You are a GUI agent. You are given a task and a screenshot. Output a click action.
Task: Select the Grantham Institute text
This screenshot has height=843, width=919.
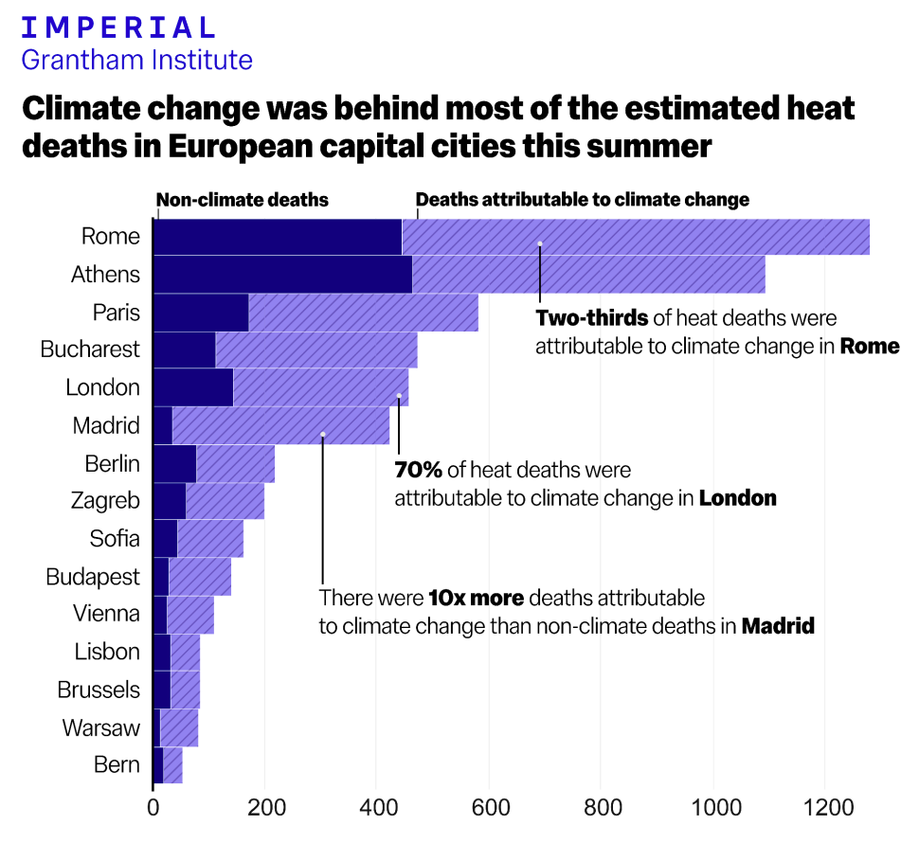click(x=136, y=61)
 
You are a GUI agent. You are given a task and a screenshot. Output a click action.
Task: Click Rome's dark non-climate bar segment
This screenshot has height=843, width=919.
click(x=277, y=237)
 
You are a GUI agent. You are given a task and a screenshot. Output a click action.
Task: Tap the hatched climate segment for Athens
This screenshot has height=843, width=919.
click(x=587, y=275)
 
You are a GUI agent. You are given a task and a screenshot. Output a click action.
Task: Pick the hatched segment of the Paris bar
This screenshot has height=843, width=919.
click(x=363, y=313)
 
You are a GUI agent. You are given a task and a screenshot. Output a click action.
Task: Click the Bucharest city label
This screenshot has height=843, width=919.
click(x=90, y=350)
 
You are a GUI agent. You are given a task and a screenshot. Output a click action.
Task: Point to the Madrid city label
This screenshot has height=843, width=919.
click(x=106, y=425)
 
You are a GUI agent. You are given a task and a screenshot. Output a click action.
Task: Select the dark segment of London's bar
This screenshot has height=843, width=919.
click(x=192, y=387)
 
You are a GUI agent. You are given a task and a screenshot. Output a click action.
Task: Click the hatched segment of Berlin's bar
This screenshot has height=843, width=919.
click(x=235, y=463)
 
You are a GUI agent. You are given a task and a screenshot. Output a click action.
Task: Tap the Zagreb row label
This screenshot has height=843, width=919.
click(x=105, y=501)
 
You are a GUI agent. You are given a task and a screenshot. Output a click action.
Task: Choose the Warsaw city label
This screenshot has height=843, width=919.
click(x=101, y=727)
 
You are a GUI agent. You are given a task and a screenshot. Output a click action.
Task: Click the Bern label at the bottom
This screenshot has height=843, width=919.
click(x=117, y=765)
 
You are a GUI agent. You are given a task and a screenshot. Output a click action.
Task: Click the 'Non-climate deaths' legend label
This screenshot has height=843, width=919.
click(x=242, y=200)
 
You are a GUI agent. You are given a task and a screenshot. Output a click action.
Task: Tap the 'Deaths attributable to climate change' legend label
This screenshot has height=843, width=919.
click(x=582, y=200)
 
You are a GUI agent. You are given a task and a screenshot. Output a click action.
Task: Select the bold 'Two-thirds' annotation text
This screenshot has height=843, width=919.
click(x=592, y=318)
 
